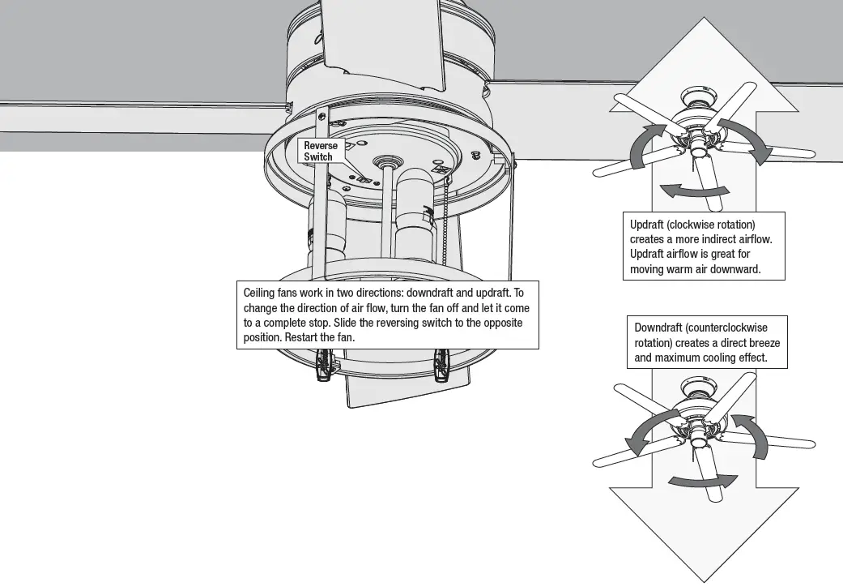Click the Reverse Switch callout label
tap(321, 151)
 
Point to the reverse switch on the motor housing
tap(364, 179)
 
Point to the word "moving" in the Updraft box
tap(649, 268)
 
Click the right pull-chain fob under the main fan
tap(442, 366)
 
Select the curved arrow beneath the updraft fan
tap(694, 191)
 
